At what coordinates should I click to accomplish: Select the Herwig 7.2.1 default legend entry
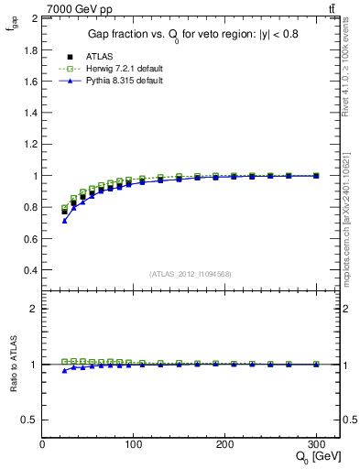(x=106, y=69)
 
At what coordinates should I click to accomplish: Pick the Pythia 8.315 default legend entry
(x=104, y=81)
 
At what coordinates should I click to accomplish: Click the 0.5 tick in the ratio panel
(x=30, y=420)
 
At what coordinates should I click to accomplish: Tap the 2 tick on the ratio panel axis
(x=35, y=309)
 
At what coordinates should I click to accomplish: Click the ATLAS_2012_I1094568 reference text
(x=190, y=274)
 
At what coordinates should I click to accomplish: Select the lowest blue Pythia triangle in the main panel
(x=64, y=221)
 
